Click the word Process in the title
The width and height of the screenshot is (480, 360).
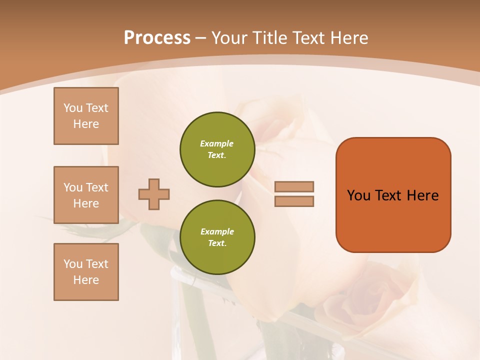coord(157,38)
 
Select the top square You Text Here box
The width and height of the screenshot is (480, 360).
coord(86,116)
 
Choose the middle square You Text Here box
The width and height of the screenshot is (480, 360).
coord(86,195)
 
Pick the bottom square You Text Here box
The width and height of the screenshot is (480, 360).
coord(86,272)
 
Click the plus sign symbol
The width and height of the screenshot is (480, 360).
coord(154,194)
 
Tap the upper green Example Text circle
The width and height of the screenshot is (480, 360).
coord(217,149)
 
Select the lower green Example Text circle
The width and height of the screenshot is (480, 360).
coord(217,237)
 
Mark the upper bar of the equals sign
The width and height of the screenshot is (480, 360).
coord(294,187)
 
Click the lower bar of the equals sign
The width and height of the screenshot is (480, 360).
coord(294,201)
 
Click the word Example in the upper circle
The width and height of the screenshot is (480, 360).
coord(217,143)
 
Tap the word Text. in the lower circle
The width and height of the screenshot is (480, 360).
coord(217,243)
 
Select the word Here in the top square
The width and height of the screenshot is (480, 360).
coord(86,124)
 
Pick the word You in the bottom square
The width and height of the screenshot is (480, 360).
coord(73,264)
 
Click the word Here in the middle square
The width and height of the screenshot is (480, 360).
coord(86,203)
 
